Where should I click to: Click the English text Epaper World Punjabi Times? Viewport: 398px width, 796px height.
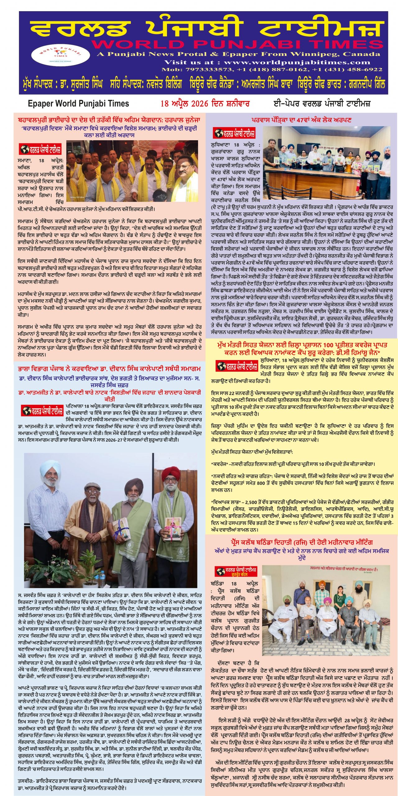[x=78, y=104]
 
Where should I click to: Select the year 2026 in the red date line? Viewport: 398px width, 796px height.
[x=199, y=104]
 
